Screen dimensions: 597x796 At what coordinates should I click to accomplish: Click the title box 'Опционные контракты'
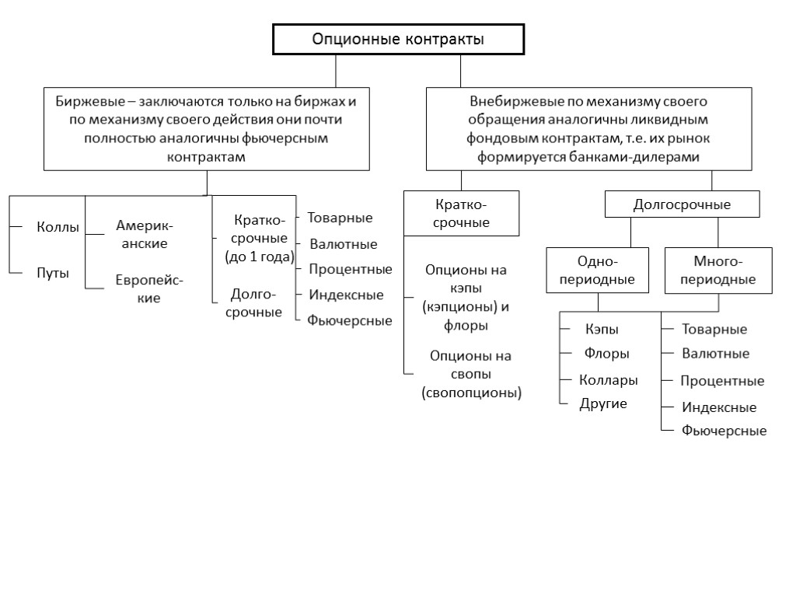(x=397, y=40)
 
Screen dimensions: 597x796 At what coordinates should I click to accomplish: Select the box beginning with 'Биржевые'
(x=206, y=129)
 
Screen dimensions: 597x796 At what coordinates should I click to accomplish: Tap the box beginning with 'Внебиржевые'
(x=588, y=129)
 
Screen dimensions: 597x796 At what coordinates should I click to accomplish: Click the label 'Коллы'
(x=58, y=228)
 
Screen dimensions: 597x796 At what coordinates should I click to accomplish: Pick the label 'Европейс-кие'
(x=144, y=288)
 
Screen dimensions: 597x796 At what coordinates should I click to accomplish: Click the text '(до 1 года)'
(x=260, y=257)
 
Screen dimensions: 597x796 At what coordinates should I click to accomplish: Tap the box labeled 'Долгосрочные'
(x=682, y=205)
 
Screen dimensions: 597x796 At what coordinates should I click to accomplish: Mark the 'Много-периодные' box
(x=717, y=271)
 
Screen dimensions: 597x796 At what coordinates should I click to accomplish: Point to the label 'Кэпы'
(x=602, y=330)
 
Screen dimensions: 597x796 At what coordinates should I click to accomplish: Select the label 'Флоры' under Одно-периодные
(x=606, y=354)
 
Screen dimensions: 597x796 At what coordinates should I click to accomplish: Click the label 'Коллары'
(x=609, y=380)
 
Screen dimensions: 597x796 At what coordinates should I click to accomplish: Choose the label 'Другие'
(x=603, y=403)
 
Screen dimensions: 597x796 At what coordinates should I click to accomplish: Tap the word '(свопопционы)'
(x=471, y=393)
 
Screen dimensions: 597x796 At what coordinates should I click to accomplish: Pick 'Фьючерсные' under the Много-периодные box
(x=724, y=431)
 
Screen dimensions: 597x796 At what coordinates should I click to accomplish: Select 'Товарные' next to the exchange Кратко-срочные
(x=340, y=218)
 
